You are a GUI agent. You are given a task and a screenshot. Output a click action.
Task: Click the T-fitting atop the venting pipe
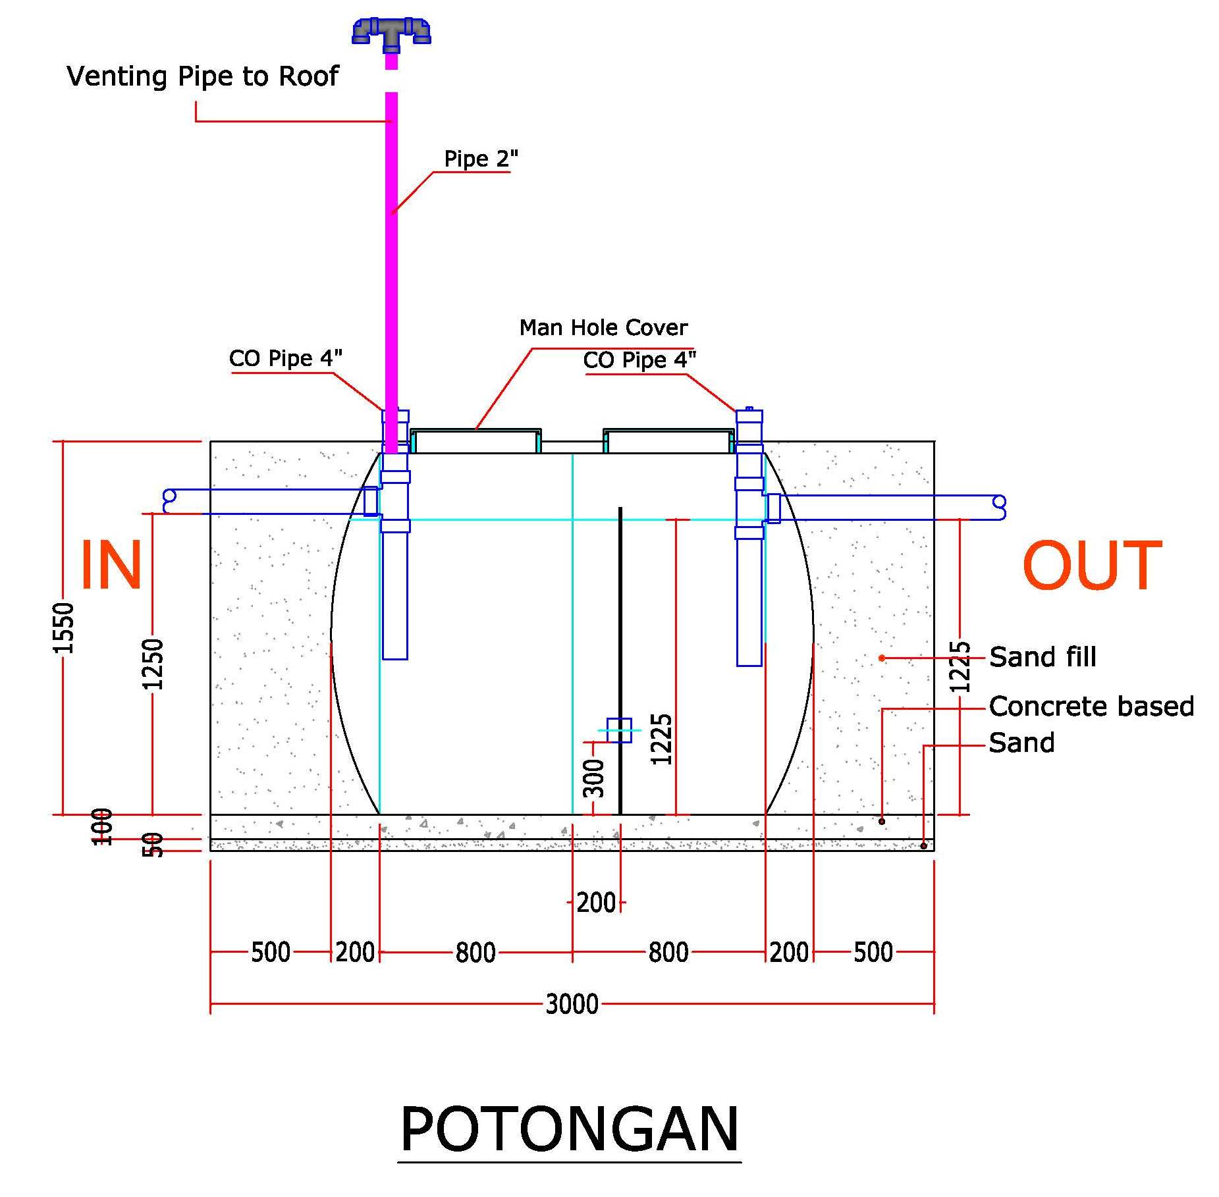[391, 33]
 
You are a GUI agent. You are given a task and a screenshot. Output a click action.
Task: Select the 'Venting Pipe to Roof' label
[202, 76]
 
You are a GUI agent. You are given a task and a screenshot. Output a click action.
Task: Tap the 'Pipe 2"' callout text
[481, 159]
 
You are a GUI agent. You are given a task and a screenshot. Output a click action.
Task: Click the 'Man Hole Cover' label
[603, 327]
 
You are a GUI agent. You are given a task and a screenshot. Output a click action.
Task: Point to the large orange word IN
[111, 565]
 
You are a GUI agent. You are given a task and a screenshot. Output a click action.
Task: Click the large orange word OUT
[1091, 565]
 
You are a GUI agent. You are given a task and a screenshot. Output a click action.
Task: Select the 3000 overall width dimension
[572, 1005]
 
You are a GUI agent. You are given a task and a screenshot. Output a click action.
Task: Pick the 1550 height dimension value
[64, 627]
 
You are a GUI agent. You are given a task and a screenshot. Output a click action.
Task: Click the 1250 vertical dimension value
[153, 664]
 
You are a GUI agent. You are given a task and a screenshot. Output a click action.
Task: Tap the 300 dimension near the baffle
[594, 778]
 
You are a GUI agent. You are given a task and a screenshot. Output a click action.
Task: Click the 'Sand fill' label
[1043, 656]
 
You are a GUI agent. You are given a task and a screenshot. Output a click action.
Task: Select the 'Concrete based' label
[1091, 706]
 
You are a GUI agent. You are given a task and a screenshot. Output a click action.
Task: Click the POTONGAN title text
[570, 1129]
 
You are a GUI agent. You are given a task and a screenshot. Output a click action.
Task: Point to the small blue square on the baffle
[619, 730]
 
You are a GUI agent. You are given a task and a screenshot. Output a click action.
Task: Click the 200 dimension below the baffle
[595, 903]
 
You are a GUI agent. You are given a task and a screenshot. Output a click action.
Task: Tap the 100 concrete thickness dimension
[102, 826]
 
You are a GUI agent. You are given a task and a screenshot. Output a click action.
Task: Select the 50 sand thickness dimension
[153, 845]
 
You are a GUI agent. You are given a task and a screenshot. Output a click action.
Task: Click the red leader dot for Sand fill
[882, 658]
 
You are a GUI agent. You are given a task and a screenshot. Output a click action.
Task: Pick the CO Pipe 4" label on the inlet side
[285, 358]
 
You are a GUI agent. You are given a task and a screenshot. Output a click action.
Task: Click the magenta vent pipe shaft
[391, 263]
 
